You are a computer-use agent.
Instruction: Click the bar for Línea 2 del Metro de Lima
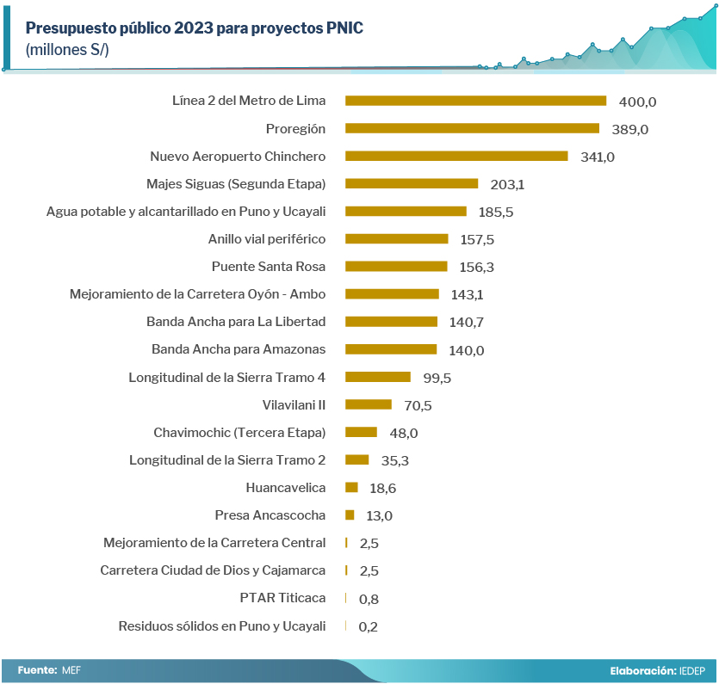pos(475,101)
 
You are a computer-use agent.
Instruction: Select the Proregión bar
pos(472,128)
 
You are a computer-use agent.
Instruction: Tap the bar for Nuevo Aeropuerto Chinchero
pos(456,156)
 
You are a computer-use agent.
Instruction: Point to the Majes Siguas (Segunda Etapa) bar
pos(412,183)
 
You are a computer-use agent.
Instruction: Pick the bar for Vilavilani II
pos(369,404)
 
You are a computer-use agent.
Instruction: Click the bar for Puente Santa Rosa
pos(396,266)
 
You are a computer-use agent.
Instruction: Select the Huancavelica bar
pos(351,487)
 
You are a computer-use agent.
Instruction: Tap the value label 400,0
pos(638,102)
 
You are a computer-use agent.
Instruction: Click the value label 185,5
pos(497,212)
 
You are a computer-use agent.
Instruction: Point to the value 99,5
pos(437,378)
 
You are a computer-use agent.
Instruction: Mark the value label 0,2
pos(368,626)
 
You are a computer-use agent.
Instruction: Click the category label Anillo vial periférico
pos(267,238)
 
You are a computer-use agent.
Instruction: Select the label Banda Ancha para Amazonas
pos(239,349)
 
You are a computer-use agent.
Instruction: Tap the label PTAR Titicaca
pos(282,598)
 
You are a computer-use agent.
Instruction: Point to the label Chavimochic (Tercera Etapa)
pos(239,432)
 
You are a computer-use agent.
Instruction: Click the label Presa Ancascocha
pos(270,515)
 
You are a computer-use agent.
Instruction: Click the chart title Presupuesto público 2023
pos(195,28)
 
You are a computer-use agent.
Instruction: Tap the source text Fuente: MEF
pos(48,669)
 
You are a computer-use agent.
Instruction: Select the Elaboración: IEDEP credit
pos(658,670)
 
